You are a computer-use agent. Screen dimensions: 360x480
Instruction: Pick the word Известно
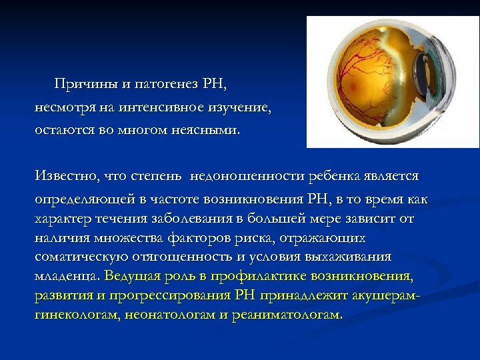tap(65, 176)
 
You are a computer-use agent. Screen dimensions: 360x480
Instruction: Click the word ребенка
tap(333, 176)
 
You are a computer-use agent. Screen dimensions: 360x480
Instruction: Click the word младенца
tap(66, 275)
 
